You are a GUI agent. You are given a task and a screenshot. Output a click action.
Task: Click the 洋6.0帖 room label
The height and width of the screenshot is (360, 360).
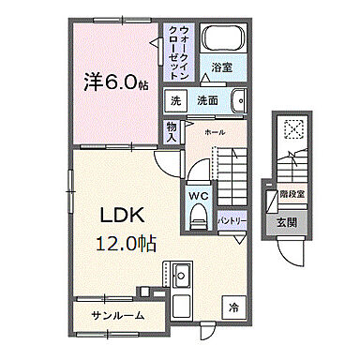(112, 82)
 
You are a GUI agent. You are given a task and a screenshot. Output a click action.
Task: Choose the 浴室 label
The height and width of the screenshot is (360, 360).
(221, 67)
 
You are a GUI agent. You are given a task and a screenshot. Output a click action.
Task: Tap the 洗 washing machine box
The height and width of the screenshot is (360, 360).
(175, 100)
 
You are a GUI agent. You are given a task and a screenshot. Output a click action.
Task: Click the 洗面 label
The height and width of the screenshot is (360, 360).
(207, 100)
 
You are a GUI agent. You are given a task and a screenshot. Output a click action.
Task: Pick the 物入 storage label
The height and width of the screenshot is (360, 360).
(172, 129)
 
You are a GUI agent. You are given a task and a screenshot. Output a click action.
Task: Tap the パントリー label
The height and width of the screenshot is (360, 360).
(232, 220)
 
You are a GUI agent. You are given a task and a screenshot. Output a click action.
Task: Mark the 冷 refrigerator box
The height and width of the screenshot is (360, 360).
(232, 305)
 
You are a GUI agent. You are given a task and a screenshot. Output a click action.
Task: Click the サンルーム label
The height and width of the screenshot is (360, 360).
(117, 316)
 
